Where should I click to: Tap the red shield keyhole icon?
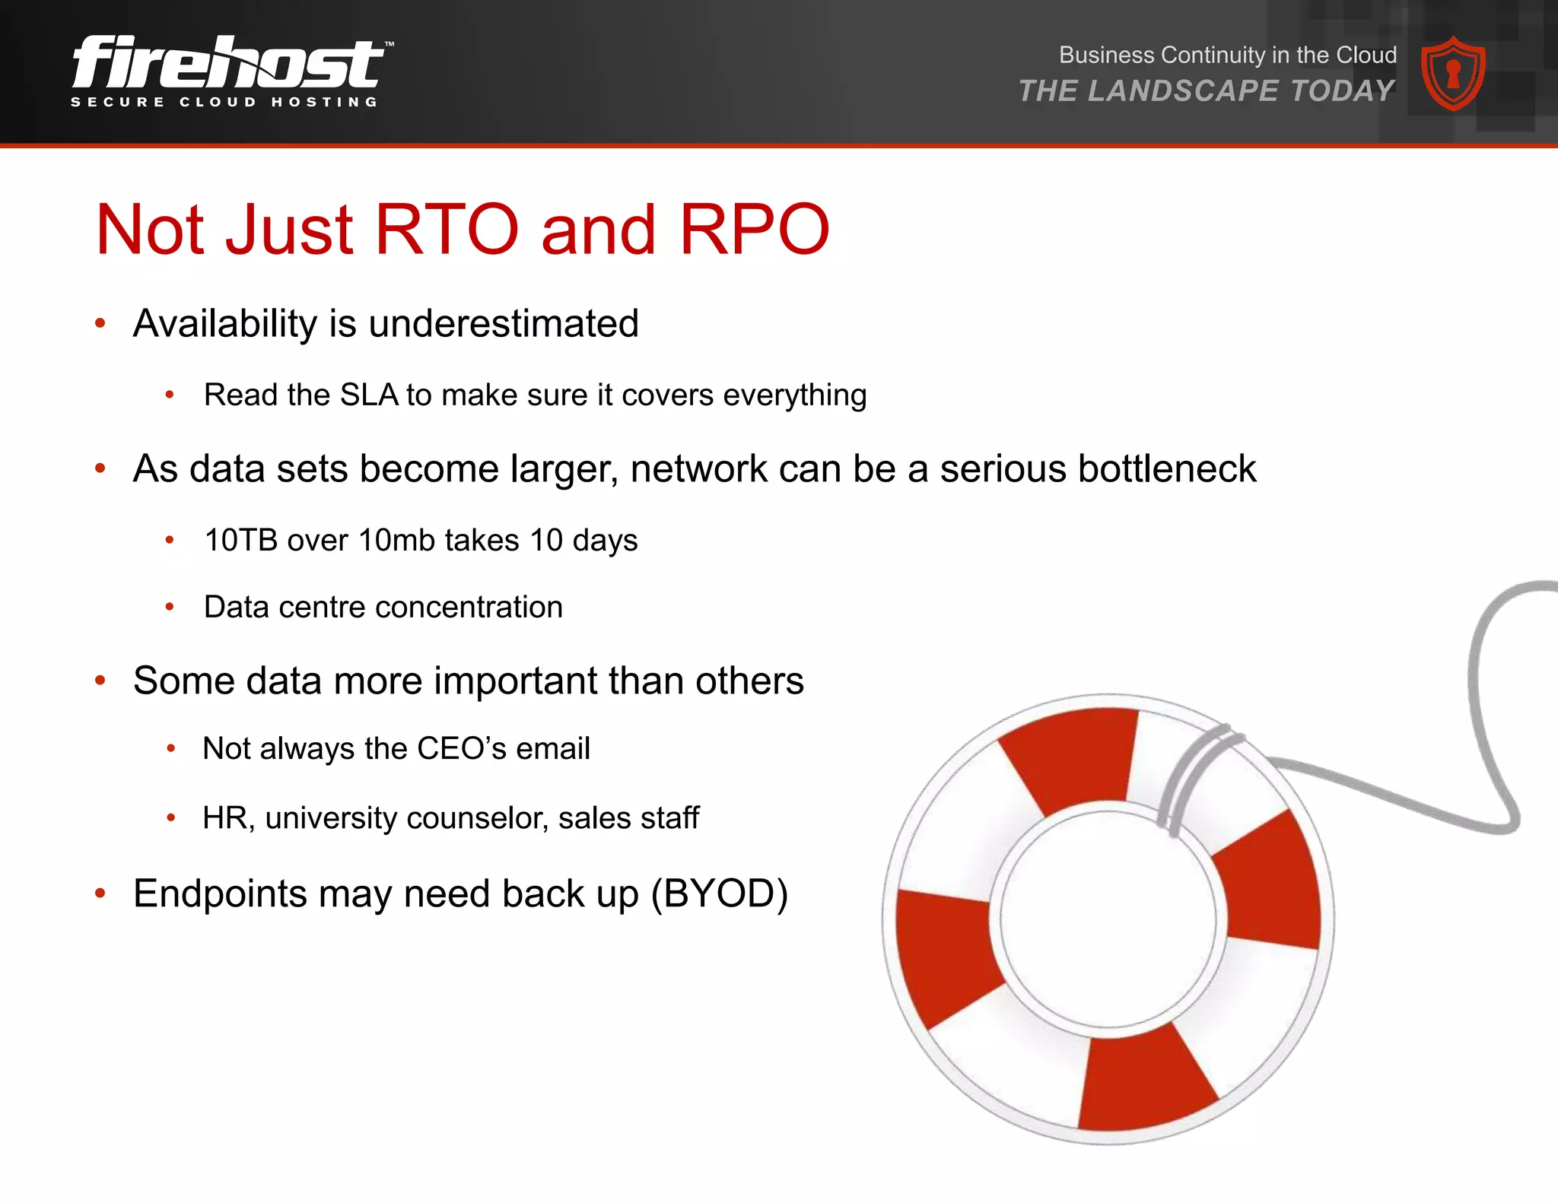click(x=1453, y=74)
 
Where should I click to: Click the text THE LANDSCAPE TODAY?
click(x=1207, y=91)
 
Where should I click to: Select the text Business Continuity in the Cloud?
click(x=1227, y=55)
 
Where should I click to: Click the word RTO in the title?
click(x=447, y=229)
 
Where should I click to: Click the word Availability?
click(x=224, y=324)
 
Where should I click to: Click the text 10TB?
click(x=241, y=541)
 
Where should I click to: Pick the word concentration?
click(x=469, y=608)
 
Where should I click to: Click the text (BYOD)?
click(x=719, y=894)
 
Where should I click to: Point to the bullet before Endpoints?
click(x=100, y=894)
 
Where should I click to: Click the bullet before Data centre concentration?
click(x=170, y=608)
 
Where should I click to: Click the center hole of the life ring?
click(x=1108, y=920)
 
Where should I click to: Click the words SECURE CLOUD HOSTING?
click(x=224, y=102)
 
